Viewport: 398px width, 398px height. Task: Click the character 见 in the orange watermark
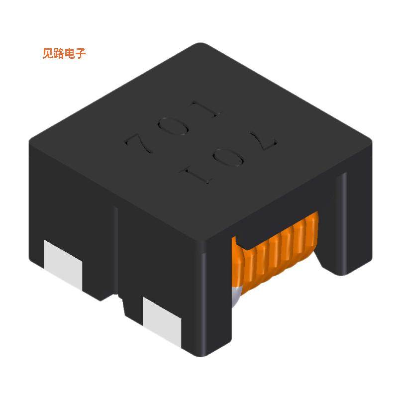(x=48, y=54)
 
